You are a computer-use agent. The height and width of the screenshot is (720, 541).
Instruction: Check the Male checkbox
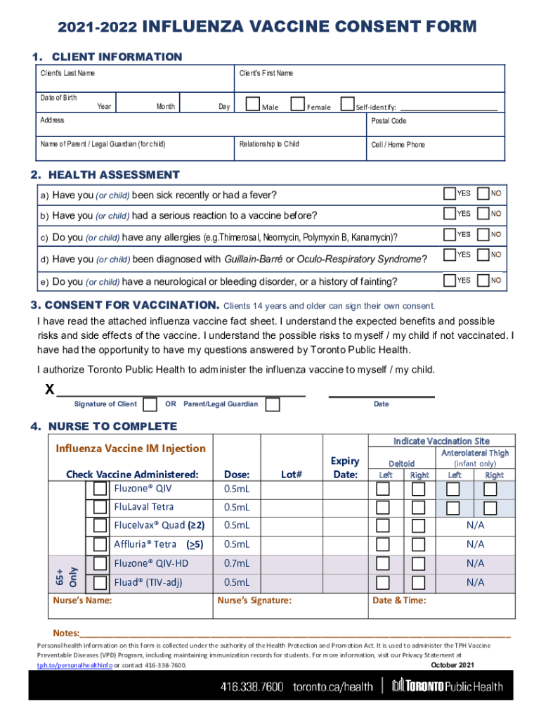(252, 105)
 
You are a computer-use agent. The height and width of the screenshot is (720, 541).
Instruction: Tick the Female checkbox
(297, 105)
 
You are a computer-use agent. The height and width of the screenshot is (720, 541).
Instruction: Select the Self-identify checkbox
(346, 105)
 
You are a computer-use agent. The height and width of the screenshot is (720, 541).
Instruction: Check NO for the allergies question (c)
(483, 236)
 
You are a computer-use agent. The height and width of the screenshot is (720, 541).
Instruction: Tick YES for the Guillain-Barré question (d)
(449, 257)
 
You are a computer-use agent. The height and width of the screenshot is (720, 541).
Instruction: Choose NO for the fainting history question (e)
(483, 281)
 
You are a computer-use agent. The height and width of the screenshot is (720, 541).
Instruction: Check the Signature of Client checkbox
(150, 404)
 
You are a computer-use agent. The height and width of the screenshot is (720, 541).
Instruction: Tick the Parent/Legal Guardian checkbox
(273, 404)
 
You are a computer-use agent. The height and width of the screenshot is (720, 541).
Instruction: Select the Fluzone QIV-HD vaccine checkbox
(100, 563)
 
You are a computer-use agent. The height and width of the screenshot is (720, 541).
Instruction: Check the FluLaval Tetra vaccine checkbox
(100, 507)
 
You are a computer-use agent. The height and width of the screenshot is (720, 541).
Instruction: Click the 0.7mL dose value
(236, 564)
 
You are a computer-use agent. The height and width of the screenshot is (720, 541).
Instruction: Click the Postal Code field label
(389, 121)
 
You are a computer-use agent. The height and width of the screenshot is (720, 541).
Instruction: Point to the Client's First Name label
(266, 73)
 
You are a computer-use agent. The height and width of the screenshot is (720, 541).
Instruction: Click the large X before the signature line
(49, 389)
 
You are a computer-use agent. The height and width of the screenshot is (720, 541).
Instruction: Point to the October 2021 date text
(452, 664)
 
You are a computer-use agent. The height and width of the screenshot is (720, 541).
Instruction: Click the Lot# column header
(291, 475)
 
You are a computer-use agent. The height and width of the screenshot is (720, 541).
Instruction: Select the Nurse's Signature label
(254, 600)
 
